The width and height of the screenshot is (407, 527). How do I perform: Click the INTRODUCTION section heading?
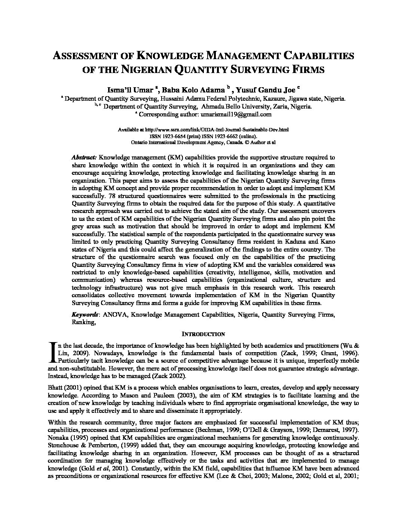coord(203,334)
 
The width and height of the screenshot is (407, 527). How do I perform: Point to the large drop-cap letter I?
coord(52,353)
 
